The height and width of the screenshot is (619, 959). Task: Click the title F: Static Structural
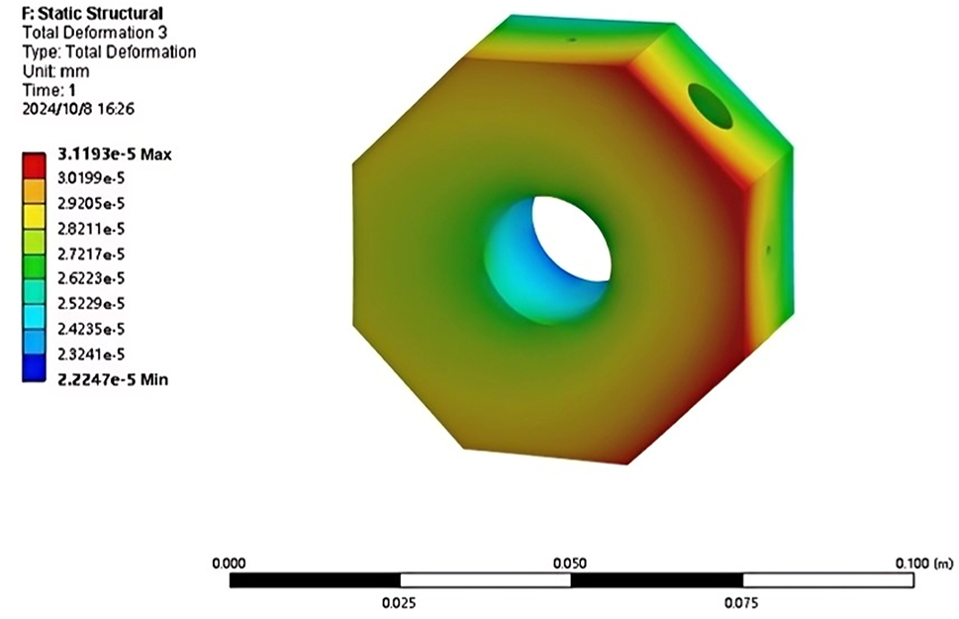(92, 13)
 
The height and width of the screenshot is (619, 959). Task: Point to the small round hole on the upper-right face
(710, 106)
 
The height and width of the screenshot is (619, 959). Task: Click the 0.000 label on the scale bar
(229, 563)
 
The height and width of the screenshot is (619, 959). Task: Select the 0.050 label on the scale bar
(569, 563)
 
